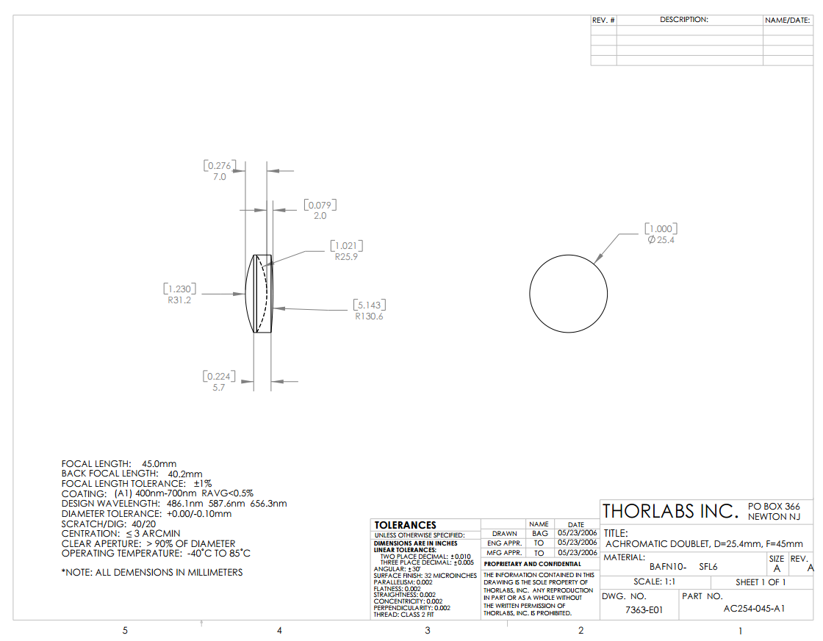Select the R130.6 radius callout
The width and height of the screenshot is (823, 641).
(x=369, y=316)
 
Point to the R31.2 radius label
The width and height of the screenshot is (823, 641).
(x=179, y=300)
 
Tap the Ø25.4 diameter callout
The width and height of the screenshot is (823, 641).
(x=661, y=240)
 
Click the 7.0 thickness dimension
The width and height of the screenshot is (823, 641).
(x=219, y=177)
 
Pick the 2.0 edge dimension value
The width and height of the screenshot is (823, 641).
(x=320, y=216)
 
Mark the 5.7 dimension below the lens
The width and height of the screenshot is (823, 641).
(x=218, y=387)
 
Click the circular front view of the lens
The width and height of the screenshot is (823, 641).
(x=568, y=295)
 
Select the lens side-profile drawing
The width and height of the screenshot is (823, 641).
(x=259, y=294)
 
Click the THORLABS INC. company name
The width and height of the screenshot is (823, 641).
(x=669, y=511)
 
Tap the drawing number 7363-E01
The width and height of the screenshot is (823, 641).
(x=644, y=610)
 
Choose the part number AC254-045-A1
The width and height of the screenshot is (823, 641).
(x=744, y=609)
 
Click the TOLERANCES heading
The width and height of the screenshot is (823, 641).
(x=405, y=525)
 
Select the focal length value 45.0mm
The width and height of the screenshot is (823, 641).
(x=159, y=464)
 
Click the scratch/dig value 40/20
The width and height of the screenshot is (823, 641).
(x=144, y=524)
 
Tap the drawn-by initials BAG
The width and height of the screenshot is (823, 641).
(x=539, y=533)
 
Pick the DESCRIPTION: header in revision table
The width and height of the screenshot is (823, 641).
(x=683, y=20)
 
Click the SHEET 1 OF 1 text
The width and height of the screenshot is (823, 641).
(x=761, y=582)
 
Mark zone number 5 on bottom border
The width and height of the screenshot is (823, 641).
(x=125, y=630)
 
